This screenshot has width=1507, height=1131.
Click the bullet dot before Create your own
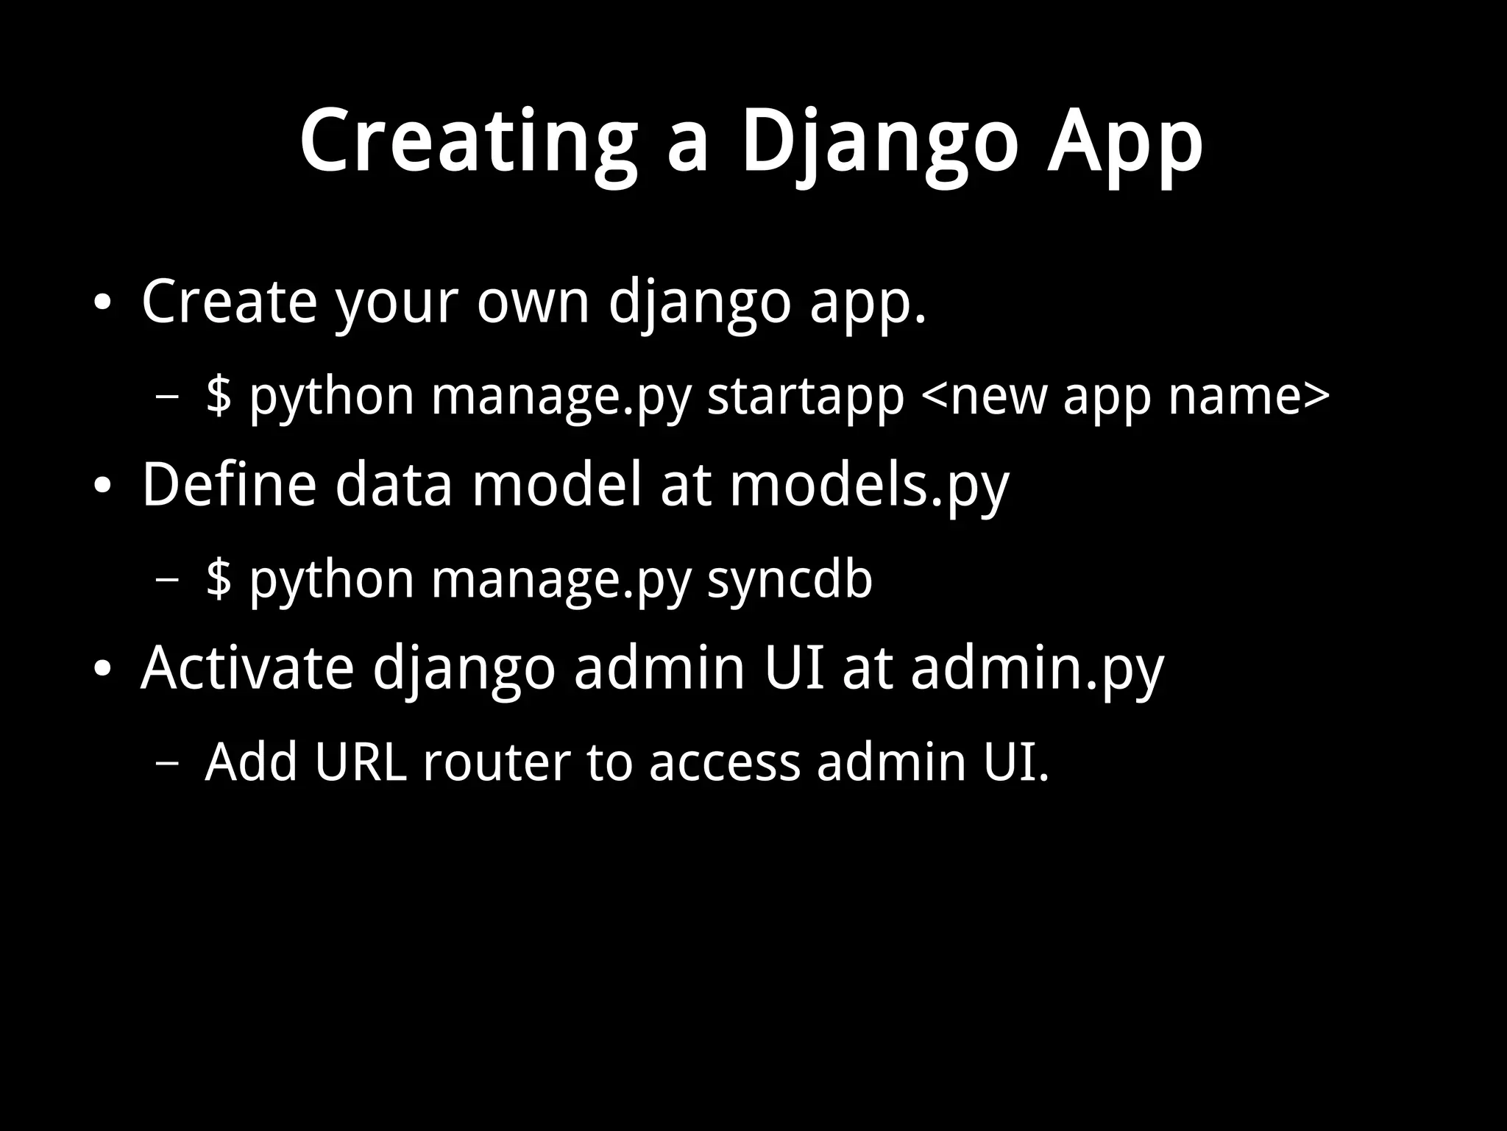102,302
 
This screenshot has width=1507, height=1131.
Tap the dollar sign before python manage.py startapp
219,396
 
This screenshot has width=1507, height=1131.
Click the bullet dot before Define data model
102,486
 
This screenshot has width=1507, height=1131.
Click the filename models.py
868,486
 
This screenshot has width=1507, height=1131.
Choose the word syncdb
790,579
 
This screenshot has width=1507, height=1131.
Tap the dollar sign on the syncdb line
219,579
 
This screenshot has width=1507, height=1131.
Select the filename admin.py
1036,669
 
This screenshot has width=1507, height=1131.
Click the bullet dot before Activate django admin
102,669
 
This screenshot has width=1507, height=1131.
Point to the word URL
361,762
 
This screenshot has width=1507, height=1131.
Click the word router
497,762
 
